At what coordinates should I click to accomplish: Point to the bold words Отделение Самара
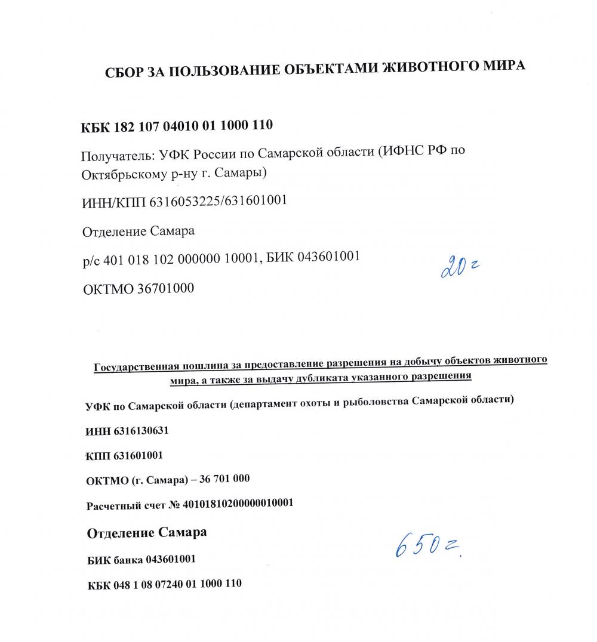[x=147, y=532]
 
